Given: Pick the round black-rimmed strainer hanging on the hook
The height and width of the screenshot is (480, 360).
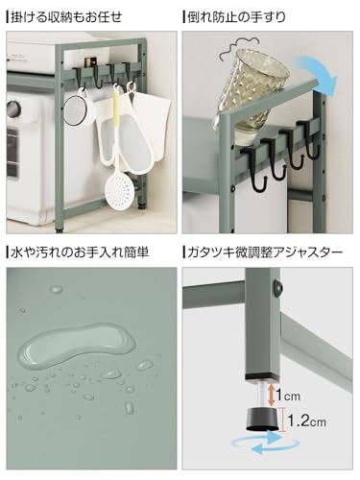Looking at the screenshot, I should coord(77,108).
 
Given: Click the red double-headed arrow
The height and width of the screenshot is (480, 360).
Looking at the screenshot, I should coord(273,393).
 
